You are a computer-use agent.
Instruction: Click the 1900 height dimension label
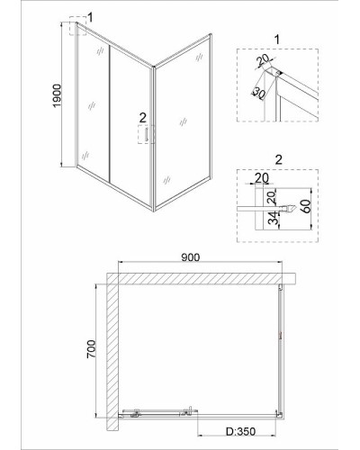[x=57, y=95]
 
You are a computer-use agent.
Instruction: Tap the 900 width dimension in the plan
[x=190, y=257]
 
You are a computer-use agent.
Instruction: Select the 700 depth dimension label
[x=91, y=348]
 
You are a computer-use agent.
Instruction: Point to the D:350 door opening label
[x=240, y=431]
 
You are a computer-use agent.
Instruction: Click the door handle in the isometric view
[x=147, y=134]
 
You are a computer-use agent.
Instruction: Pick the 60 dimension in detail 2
[x=306, y=206]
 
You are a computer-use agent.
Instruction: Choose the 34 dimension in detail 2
[x=273, y=218]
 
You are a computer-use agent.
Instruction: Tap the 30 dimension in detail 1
[x=258, y=93]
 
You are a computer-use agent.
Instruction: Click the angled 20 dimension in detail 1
[x=263, y=61]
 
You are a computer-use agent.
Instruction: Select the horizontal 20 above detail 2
[x=262, y=178]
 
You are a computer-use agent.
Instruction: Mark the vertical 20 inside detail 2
[x=271, y=198]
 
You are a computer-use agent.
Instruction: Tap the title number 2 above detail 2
[x=278, y=160]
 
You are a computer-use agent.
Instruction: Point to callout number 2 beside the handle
[x=142, y=118]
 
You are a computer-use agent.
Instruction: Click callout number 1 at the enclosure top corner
[x=90, y=17]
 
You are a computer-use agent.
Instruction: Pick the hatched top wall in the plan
[x=202, y=278]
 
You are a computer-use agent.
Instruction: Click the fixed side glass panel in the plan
[x=280, y=350]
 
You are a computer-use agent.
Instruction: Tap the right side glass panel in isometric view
[x=183, y=121]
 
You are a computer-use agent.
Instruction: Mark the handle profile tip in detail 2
[x=296, y=207]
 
